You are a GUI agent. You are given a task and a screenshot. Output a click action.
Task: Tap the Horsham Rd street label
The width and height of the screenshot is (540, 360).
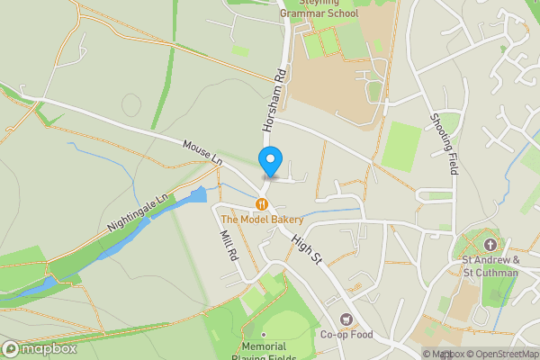[x=273, y=100]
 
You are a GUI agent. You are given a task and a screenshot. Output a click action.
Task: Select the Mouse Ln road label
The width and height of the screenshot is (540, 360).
[x=202, y=151]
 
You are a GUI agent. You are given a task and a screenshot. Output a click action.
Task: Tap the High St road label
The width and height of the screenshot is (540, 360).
[x=306, y=247]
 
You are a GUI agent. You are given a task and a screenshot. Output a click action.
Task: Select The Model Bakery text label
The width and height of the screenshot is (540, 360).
[x=262, y=220]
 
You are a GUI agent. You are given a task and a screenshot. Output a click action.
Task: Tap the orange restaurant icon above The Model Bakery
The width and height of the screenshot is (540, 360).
[x=262, y=204]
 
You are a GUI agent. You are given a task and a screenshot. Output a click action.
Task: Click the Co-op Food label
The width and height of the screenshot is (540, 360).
[x=346, y=336]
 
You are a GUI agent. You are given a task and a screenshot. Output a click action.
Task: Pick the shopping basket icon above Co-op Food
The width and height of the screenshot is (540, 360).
[x=346, y=320]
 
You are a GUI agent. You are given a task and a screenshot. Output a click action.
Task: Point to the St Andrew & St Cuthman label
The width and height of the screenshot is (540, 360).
[x=490, y=266]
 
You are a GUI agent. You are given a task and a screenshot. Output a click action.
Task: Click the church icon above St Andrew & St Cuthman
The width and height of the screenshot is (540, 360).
[x=490, y=245]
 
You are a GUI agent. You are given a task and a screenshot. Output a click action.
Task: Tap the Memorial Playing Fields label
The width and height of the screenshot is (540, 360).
[x=264, y=352]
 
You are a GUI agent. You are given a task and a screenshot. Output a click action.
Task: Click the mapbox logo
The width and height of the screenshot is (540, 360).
[x=39, y=348]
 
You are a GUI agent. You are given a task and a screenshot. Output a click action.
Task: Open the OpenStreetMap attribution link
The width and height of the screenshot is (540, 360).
[x=503, y=354]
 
